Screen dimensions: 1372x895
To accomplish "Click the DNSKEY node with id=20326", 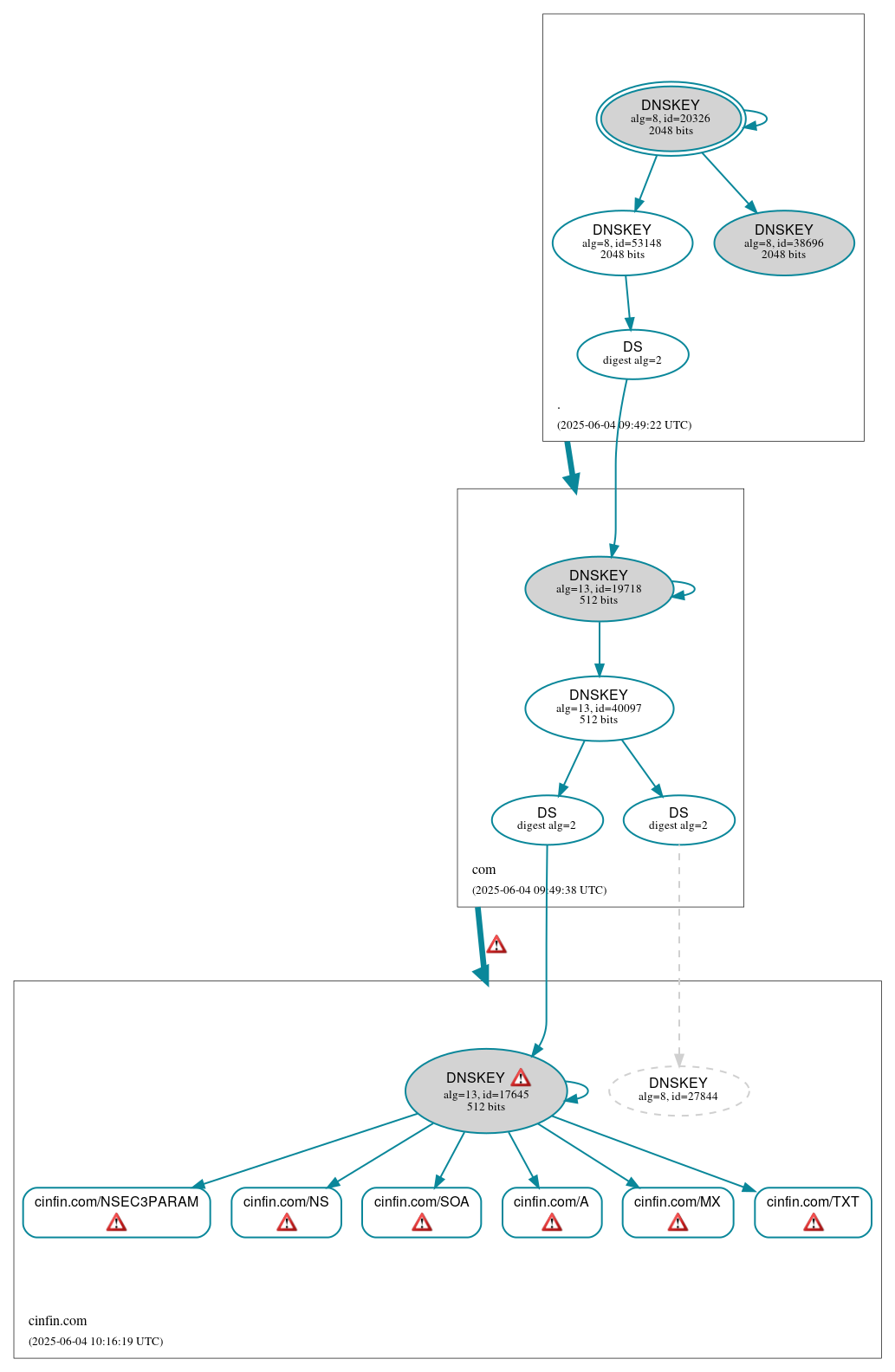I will [670, 118].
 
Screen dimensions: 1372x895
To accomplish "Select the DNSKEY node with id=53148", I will [622, 243].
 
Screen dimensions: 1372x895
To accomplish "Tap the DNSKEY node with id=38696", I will [783, 243].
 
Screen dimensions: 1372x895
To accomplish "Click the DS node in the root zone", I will [632, 353].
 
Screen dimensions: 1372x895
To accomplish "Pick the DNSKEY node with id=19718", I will [599, 588].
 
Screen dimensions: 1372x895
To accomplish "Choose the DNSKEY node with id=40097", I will [599, 708].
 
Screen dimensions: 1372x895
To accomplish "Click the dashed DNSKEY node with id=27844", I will [678, 1090].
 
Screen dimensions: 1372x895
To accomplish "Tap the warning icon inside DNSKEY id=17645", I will [521, 1078].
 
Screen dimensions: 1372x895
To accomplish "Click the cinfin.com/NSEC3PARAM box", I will [116, 1211].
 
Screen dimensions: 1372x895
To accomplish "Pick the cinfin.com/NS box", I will [286, 1211].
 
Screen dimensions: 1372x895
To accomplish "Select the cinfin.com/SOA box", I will [421, 1211].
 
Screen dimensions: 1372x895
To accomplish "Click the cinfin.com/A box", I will [551, 1211].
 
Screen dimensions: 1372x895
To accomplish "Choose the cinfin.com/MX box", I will [678, 1211].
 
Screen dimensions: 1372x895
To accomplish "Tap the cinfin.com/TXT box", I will [813, 1211].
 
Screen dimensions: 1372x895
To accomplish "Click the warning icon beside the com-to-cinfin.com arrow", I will [496, 944].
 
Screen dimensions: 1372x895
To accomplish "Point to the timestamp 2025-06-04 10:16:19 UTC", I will [95, 1341].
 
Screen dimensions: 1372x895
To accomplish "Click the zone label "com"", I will [483, 870].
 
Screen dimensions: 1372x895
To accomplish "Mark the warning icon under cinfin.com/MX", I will [678, 1222].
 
